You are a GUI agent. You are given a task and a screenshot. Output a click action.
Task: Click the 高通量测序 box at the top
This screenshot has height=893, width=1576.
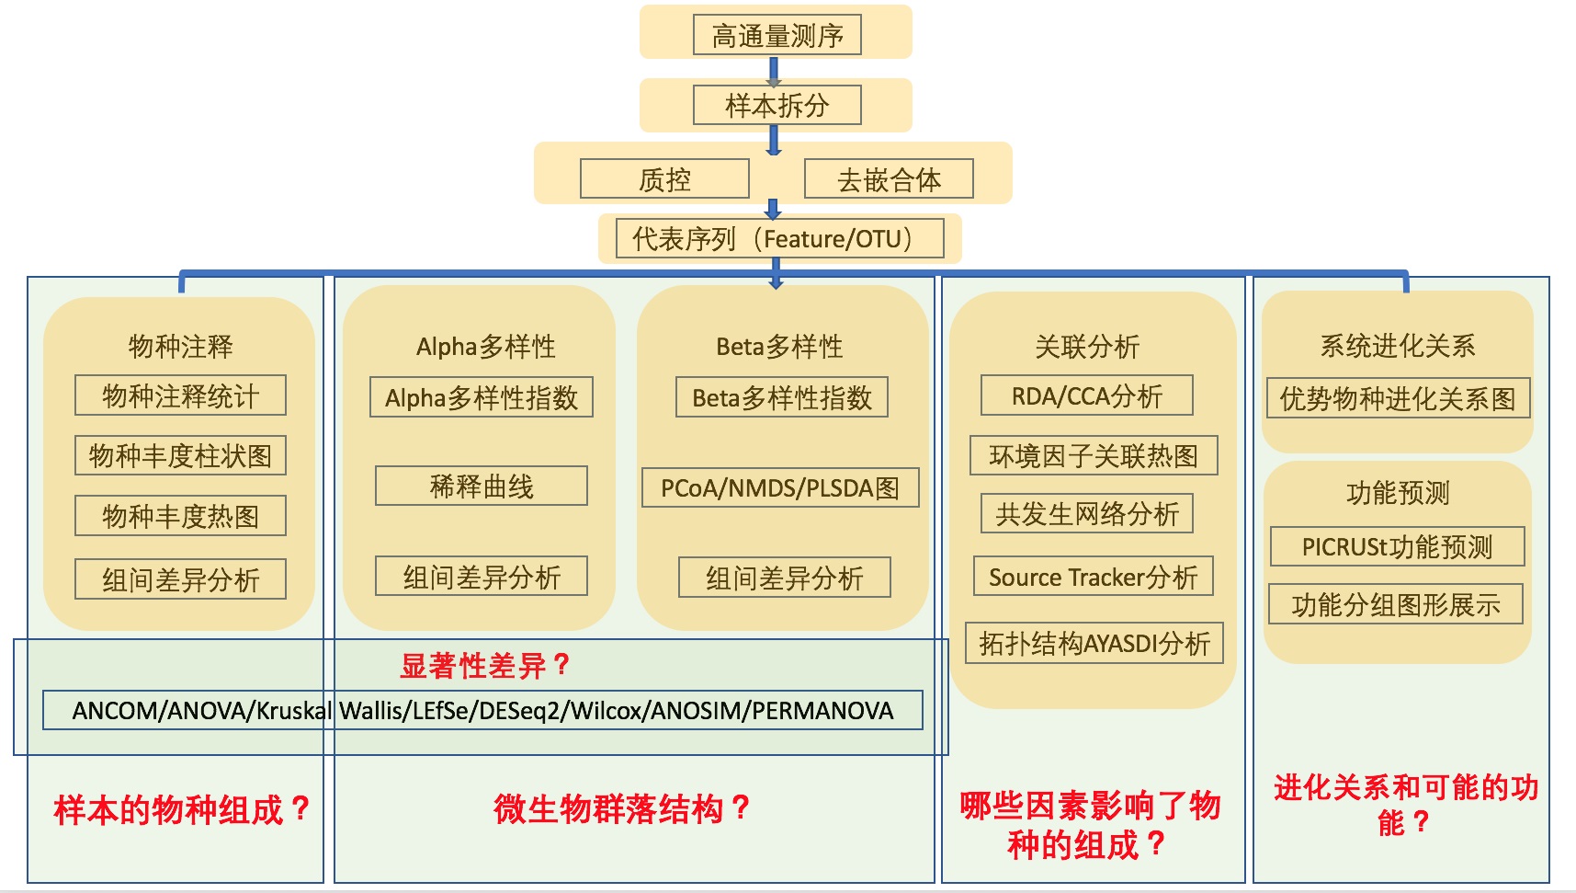[777, 35]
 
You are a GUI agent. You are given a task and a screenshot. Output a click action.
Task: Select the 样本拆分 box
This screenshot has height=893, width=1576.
[777, 105]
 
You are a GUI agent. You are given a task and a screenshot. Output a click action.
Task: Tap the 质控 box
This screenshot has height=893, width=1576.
[664, 178]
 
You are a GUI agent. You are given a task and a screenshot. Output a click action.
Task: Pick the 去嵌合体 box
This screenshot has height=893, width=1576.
[889, 178]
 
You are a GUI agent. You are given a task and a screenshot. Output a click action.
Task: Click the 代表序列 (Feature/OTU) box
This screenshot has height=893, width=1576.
[779, 238]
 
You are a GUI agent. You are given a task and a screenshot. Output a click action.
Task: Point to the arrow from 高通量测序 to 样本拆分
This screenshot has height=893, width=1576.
[774, 71]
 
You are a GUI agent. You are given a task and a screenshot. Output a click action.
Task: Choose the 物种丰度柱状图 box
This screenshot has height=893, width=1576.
[180, 455]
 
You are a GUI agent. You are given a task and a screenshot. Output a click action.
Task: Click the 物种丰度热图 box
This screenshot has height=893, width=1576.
[180, 516]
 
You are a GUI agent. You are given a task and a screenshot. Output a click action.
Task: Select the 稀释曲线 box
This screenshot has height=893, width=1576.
[481, 486]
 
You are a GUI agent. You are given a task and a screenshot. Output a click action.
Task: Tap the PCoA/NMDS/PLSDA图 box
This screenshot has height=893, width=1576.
[779, 487]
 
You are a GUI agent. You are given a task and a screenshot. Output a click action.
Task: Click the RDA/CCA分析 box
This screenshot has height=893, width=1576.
[1086, 395]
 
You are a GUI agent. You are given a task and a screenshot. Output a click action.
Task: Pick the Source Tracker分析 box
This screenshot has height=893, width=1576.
[1093, 577]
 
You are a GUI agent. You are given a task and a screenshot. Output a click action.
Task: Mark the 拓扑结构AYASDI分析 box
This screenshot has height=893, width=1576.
[1094, 643]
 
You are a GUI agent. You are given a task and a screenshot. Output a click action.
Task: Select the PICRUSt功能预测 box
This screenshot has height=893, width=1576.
[1397, 546]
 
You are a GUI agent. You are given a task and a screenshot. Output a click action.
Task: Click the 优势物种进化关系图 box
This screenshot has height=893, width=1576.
[1397, 398]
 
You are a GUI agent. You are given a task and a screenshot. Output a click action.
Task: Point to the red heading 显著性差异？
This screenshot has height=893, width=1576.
[485, 665]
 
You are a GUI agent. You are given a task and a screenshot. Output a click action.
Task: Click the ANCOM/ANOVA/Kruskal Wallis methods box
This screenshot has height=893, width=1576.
[482, 710]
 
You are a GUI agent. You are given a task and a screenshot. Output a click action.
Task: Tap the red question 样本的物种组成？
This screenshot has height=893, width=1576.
[181, 809]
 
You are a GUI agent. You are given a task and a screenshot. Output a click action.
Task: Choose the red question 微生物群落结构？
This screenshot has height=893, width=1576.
[621, 808]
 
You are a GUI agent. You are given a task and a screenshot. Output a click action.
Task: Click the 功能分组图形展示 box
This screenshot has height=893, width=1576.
[1395, 604]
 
